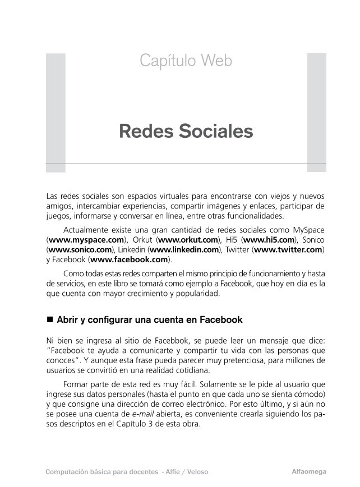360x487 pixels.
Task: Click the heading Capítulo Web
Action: [186, 61]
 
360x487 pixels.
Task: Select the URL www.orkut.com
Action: [188, 239]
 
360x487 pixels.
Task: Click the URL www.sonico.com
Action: [80, 249]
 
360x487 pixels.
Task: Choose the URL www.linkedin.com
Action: [184, 249]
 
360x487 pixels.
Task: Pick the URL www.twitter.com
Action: [288, 249]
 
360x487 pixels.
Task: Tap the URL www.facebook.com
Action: [130, 259]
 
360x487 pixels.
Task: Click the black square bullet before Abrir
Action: [49, 319]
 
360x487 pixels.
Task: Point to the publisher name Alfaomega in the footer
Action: [308, 471]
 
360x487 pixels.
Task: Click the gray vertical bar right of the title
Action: [316, 112]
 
